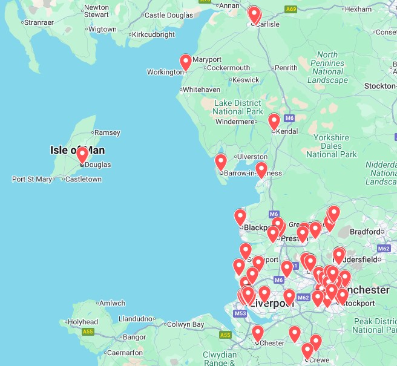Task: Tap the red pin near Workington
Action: coord(186,62)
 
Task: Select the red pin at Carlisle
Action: coord(254,15)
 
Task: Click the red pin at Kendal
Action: coord(274,121)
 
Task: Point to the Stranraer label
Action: coord(38,22)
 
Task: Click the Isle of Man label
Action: coord(73,149)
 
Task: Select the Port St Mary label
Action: coord(32,179)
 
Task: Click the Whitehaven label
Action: coord(202,90)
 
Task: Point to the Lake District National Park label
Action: coord(238,107)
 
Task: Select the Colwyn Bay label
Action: coord(185,324)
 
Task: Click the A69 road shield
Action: coord(291,9)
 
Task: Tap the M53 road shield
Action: coord(240,313)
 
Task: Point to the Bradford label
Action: coord(365,231)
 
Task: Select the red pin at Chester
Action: coord(258,333)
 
